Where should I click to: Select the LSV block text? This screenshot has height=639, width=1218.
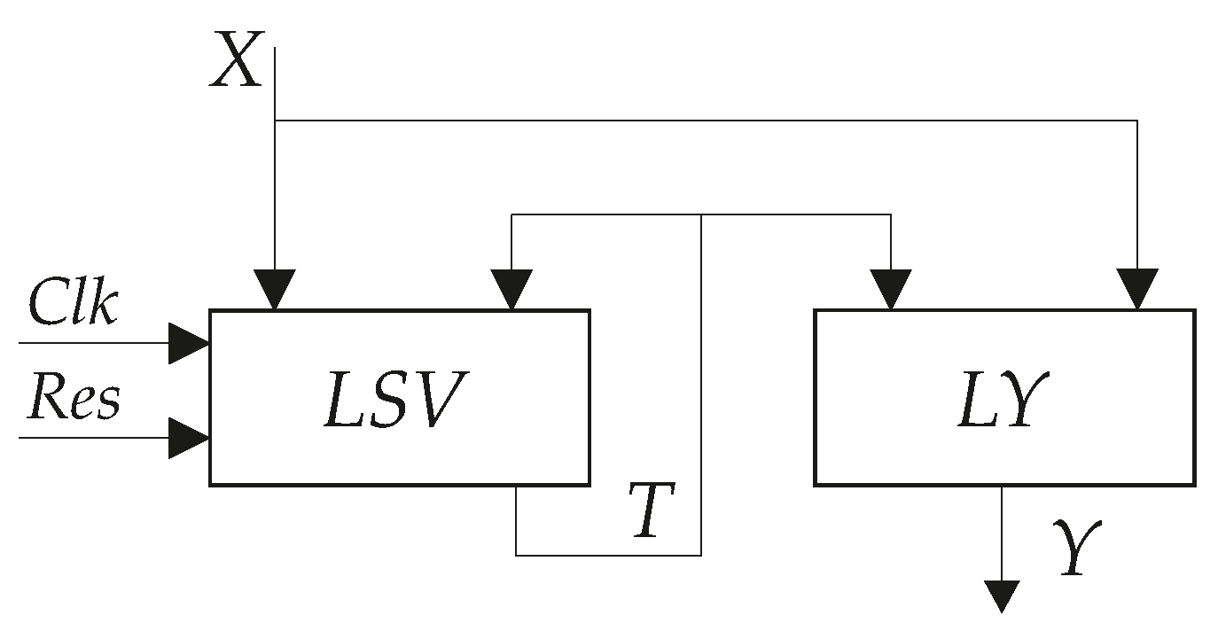pyautogui.click(x=396, y=399)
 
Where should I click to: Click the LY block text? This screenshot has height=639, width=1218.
pyautogui.click(x=1003, y=399)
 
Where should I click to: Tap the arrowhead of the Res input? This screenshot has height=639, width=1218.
pyautogui.click(x=187, y=438)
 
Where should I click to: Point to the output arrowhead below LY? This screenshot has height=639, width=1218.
pyautogui.click(x=1002, y=596)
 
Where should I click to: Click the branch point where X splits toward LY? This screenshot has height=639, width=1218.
pyautogui.click(x=275, y=120)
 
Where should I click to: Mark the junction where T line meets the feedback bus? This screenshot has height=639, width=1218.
pyautogui.click(x=701, y=214)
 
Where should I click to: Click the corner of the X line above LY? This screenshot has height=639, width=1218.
pyautogui.click(x=1137, y=120)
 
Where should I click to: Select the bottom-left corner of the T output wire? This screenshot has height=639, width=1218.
pyautogui.click(x=516, y=555)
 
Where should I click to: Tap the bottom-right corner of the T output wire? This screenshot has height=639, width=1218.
pyautogui.click(x=701, y=555)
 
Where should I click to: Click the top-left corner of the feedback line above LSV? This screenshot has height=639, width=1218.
pyautogui.click(x=511, y=214)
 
